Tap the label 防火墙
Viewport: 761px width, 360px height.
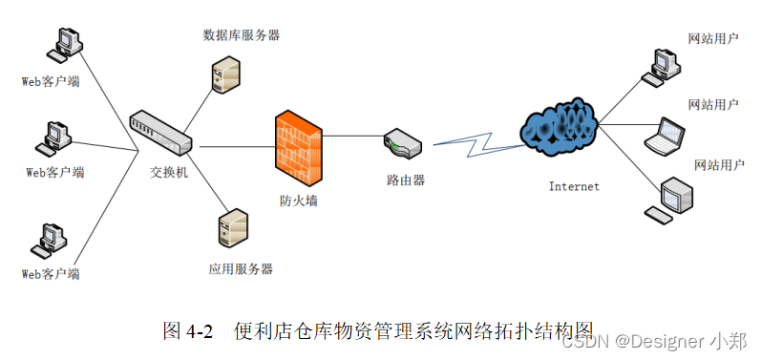point(298,201)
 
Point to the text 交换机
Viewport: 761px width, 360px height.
point(169,173)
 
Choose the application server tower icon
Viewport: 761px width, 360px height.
point(233,229)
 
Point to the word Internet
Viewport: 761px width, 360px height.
point(574,186)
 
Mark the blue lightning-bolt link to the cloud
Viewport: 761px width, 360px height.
point(477,139)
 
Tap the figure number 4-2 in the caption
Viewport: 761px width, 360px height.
point(200,330)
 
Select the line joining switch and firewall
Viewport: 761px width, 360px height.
point(234,147)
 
